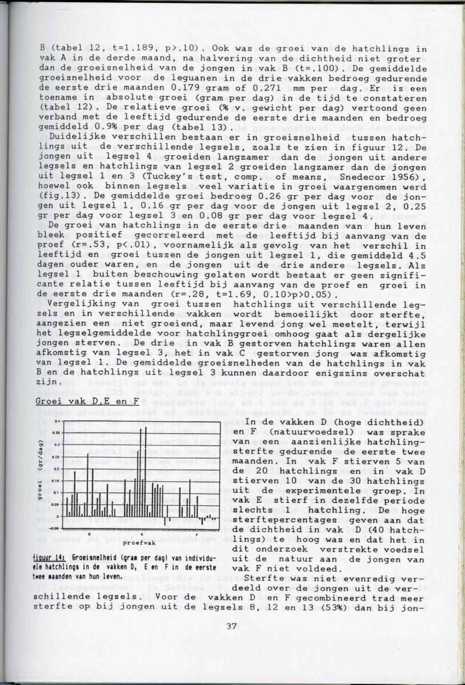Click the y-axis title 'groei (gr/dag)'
click(x=42, y=473)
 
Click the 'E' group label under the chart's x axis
click(x=141, y=533)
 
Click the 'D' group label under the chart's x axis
click(x=89, y=533)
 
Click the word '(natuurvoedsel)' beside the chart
click(x=298, y=433)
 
